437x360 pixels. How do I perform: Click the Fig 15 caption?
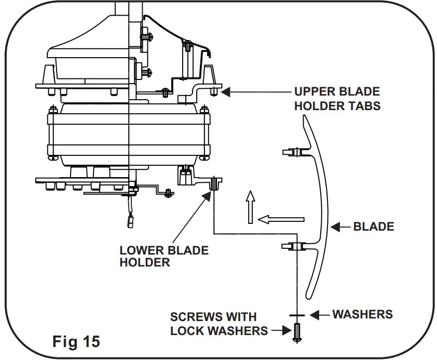[x=76, y=342]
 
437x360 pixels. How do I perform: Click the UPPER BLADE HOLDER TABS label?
[x=337, y=99]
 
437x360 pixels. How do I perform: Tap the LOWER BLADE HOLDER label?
[x=163, y=256]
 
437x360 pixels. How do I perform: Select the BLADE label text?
[x=373, y=226]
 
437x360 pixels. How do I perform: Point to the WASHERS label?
[x=362, y=314]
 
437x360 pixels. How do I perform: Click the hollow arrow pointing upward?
[x=250, y=206]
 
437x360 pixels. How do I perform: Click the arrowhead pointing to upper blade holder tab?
[x=226, y=92]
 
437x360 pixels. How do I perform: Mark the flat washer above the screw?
[x=297, y=315]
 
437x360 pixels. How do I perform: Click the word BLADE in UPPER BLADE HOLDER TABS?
[x=358, y=92]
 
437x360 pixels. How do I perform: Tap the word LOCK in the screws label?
[x=188, y=330]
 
